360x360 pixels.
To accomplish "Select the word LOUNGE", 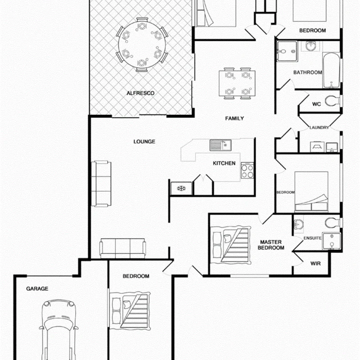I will click(144, 141).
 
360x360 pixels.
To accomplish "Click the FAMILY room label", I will click(234, 119).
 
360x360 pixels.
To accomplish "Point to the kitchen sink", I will click(220, 145).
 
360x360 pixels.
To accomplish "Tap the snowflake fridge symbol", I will click(181, 188).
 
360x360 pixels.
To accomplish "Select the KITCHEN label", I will click(224, 163).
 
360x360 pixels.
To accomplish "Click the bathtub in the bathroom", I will click(331, 71).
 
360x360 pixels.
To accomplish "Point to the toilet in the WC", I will click(333, 100).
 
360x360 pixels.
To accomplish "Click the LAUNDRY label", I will click(319, 128).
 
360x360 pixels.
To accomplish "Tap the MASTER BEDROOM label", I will click(272, 245).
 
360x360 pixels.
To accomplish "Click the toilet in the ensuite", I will click(332, 223).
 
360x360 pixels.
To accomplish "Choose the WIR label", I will click(316, 263).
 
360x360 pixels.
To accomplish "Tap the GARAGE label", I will click(37, 289).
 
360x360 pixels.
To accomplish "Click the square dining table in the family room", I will click(237, 83).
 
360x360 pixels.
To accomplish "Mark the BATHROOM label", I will click(307, 72).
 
